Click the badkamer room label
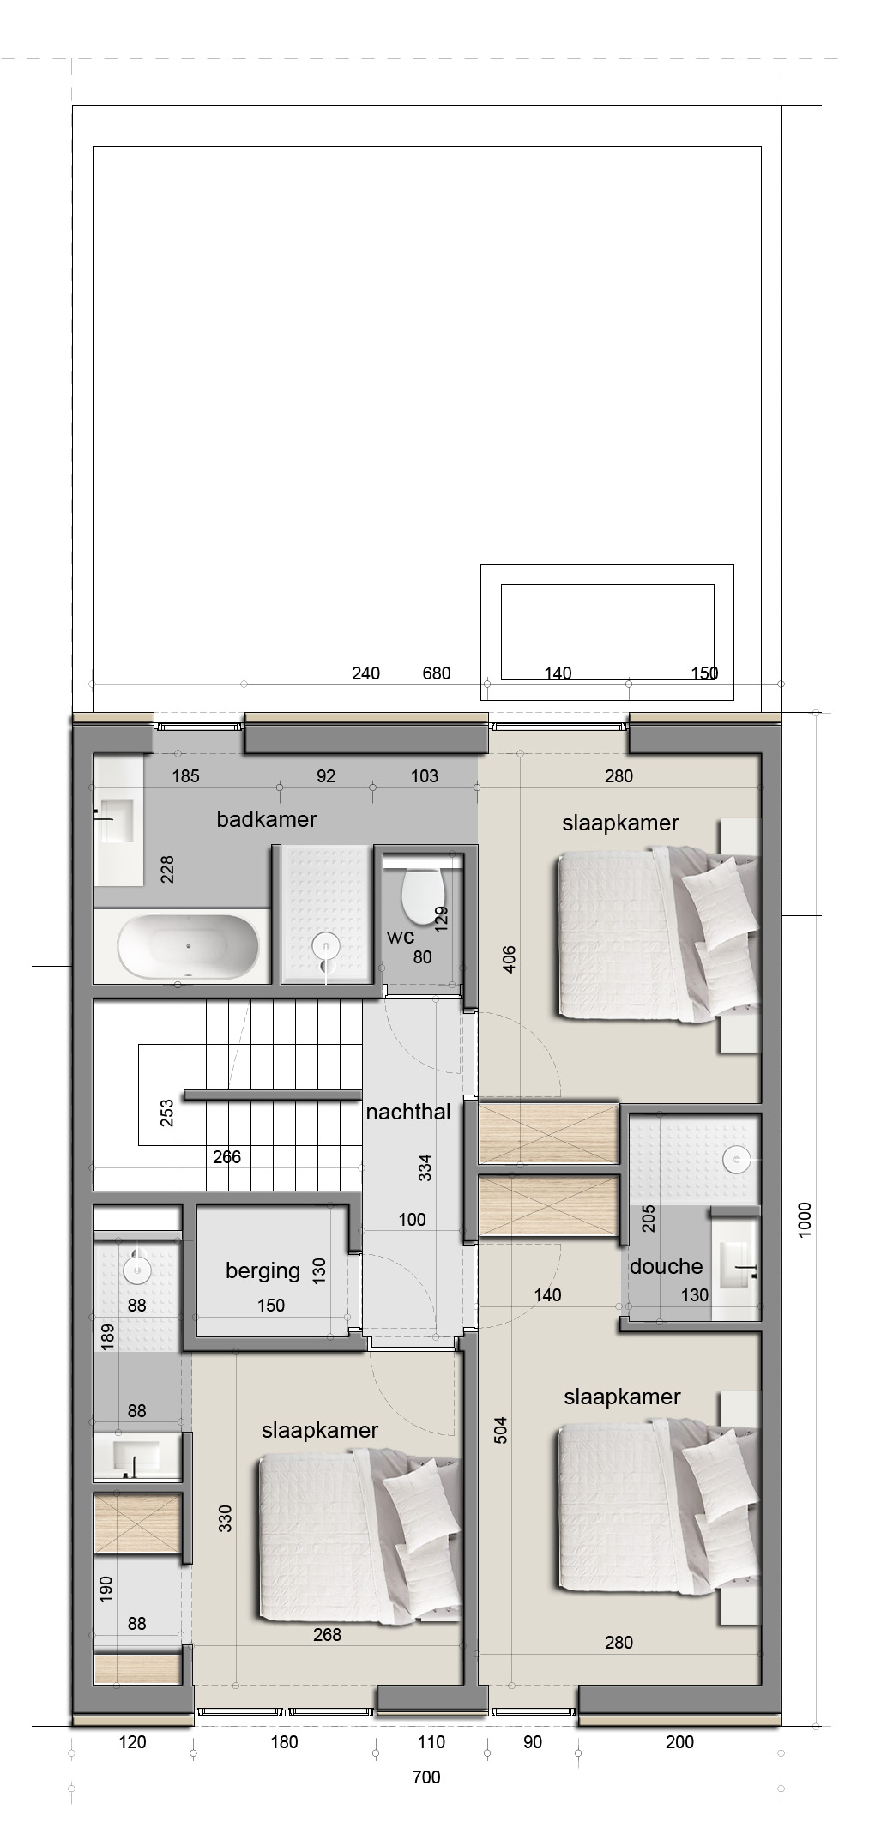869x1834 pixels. tap(267, 819)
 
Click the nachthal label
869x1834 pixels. tap(408, 1113)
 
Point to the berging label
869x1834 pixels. tap(263, 1270)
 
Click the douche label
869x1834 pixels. tap(667, 1266)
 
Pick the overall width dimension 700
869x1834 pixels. tap(426, 1777)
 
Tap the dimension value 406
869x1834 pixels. tap(509, 960)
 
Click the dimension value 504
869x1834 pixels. tap(503, 1429)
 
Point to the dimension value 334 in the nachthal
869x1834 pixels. tap(425, 1167)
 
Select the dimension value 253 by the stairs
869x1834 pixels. tap(167, 1113)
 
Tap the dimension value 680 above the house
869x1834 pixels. tap(437, 673)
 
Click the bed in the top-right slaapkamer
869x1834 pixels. tap(658, 935)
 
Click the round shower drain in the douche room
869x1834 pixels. tap(736, 1160)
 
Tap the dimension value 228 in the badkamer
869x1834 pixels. tap(168, 870)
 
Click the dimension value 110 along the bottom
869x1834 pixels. tap(431, 1741)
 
